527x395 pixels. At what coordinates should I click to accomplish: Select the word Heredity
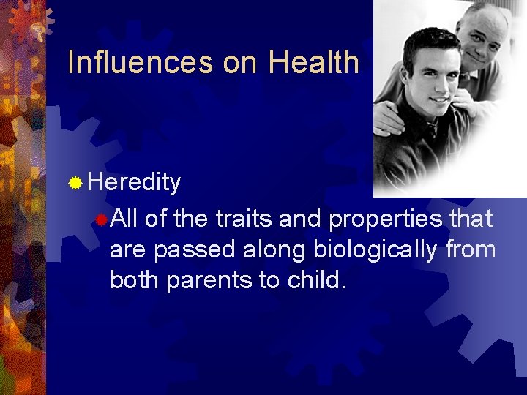[x=134, y=183]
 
